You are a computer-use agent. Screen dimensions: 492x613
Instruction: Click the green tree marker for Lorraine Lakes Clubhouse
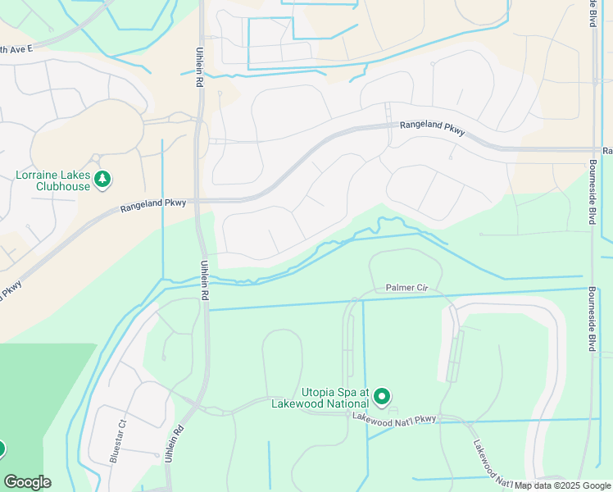[102, 178]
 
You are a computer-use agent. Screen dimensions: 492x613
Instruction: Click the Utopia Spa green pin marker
[382, 398]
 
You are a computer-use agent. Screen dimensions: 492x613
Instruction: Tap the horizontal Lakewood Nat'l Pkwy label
[394, 418]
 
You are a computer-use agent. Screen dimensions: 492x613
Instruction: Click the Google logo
[27, 482]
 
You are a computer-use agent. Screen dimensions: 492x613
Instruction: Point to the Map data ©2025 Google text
[562, 485]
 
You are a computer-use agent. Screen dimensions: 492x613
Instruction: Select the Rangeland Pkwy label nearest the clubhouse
[153, 207]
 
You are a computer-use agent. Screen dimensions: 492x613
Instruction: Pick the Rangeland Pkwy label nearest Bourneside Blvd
[432, 127]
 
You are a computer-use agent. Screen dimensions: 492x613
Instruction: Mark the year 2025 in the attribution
[569, 485]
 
